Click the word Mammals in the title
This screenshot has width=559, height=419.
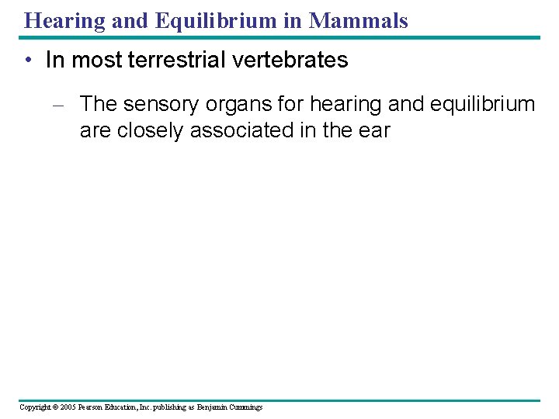(358, 21)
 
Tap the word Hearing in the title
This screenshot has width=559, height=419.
(64, 21)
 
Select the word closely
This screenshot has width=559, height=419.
(151, 130)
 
